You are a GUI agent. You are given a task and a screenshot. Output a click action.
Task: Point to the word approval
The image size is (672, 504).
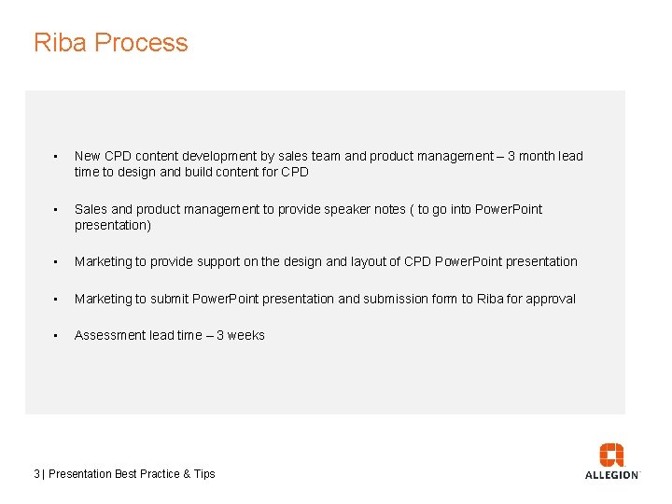click(x=551, y=299)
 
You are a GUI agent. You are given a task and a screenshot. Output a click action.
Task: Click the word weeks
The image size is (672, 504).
click(x=246, y=336)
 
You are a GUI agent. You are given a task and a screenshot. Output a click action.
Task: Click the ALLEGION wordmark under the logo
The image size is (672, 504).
click(x=611, y=474)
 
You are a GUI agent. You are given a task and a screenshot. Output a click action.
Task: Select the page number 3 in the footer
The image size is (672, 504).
click(x=36, y=474)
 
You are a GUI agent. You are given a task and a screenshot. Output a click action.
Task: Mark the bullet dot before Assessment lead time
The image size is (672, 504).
click(x=56, y=336)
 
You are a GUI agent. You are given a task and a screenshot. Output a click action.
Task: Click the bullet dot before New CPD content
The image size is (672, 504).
click(x=56, y=157)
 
